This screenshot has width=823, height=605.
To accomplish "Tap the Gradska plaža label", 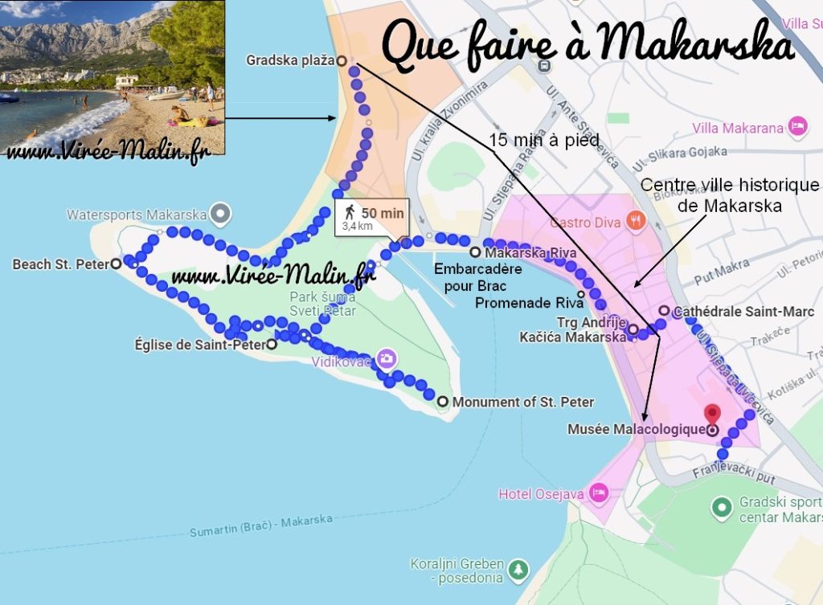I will click(289, 60).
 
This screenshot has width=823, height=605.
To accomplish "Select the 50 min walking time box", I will click(372, 217).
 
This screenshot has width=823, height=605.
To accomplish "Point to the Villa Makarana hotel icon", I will click(797, 126).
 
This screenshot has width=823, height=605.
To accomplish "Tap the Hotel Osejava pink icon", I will click(598, 492).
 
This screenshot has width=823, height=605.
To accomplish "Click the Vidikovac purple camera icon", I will click(387, 358).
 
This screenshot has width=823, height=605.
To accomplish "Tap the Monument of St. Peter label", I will click(523, 402).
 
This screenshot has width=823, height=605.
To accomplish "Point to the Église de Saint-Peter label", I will click(200, 345).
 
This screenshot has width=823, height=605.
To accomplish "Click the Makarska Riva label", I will click(525, 253).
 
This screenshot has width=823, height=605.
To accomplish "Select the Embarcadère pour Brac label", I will click(477, 276).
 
